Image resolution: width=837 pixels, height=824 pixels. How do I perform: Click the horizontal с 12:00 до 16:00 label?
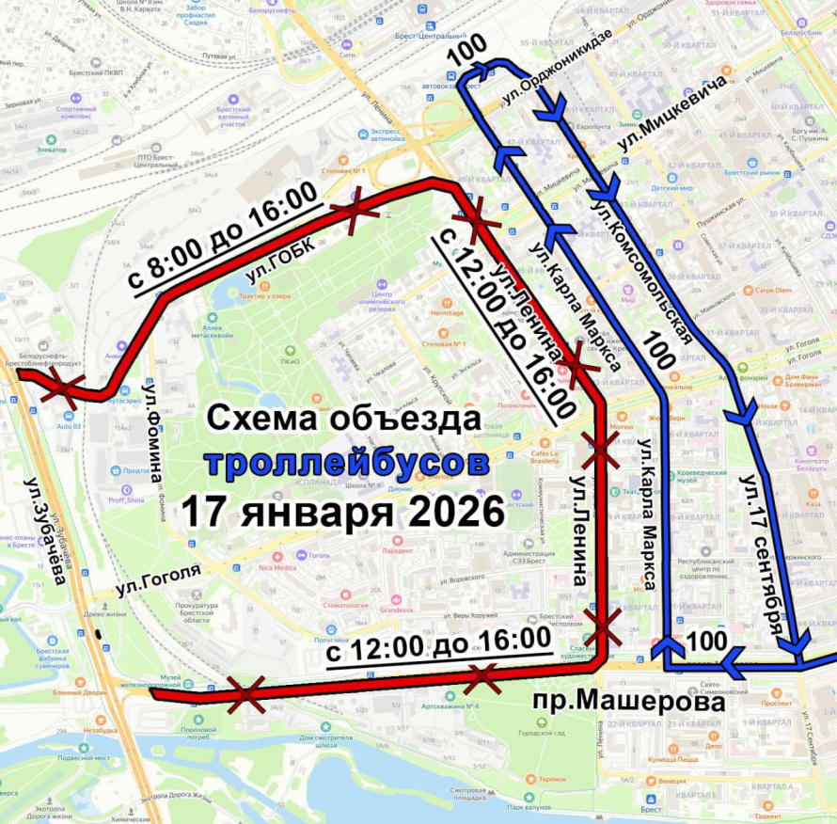437,644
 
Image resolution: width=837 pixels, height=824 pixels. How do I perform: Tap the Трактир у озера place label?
265,295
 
